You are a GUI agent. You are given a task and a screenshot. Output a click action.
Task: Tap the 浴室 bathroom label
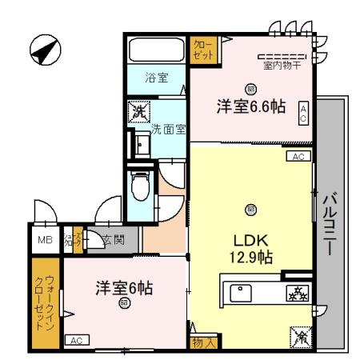pos(156,78)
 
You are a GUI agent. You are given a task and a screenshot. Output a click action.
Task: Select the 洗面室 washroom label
pos(169,128)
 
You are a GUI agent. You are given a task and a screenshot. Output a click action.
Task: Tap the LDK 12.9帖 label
pos(250,248)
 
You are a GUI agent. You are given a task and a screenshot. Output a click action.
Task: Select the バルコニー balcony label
pos(329,226)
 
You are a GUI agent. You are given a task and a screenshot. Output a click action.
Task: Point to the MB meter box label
pos(42,238)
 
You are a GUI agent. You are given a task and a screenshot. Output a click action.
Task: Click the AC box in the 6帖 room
pos(77,341)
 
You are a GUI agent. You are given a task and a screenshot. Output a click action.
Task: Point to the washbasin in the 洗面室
pos(142,144)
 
